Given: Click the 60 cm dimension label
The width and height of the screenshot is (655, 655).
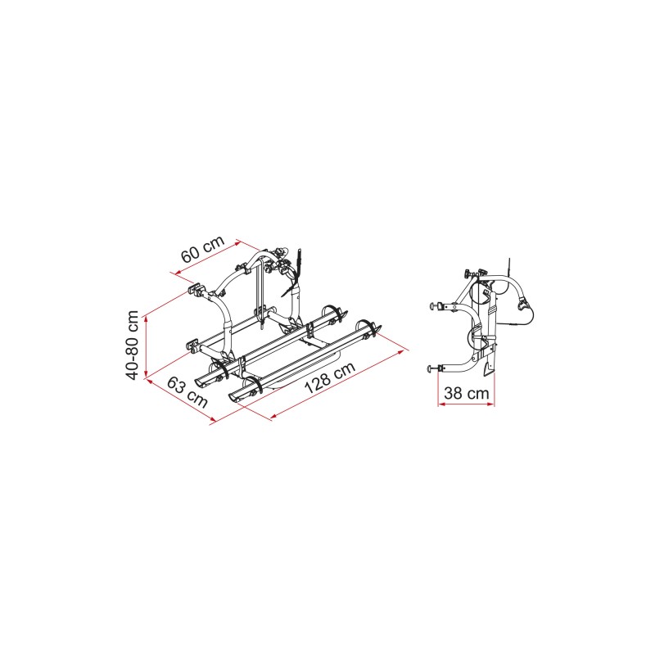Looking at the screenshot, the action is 203,249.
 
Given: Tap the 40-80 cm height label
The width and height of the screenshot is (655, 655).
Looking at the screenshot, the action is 133,345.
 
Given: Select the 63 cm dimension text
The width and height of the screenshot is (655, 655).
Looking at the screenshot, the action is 187,391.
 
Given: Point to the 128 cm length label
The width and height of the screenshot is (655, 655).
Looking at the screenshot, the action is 330,377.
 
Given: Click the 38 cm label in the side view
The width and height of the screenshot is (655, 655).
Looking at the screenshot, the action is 466,393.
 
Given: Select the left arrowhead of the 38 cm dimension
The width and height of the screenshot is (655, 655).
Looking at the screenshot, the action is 441,404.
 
